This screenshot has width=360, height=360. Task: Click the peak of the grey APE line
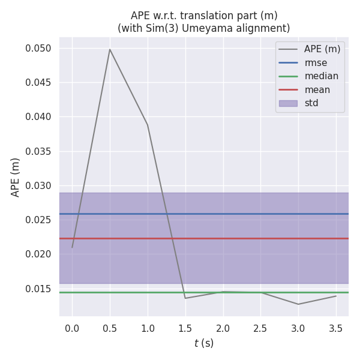110,49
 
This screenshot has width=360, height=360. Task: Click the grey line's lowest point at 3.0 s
298,304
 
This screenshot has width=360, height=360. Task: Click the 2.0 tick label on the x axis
223,328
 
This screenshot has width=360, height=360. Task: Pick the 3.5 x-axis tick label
336,328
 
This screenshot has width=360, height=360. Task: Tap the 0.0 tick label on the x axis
73,328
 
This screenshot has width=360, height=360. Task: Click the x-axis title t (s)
204,343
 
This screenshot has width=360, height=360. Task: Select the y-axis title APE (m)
16,177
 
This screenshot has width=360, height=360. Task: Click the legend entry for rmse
316,62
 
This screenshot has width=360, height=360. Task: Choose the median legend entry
321,76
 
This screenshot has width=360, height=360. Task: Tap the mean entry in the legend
317,89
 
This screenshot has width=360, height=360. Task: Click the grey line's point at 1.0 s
148,125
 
